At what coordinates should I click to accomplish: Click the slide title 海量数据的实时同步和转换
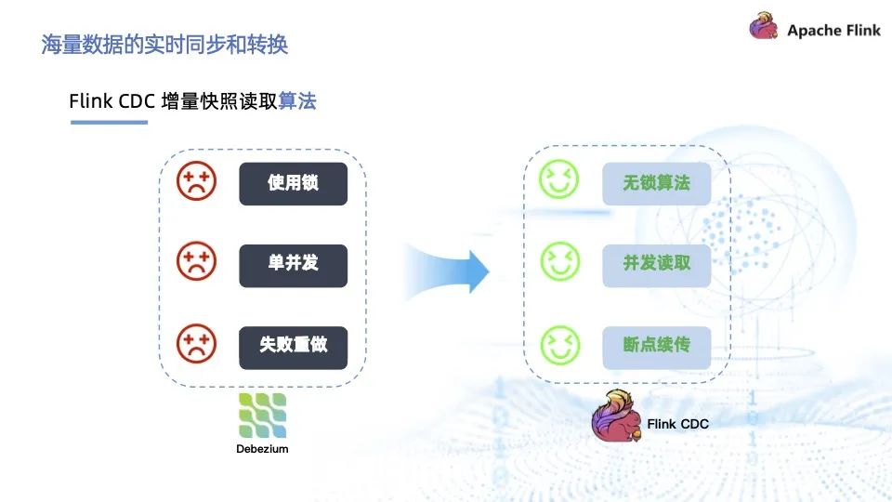click(x=164, y=45)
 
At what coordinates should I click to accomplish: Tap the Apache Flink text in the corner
click(x=833, y=30)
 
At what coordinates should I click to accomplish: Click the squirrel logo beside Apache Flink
click(x=764, y=26)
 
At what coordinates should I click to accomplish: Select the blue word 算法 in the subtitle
click(x=297, y=100)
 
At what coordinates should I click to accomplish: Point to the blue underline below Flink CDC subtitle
click(x=110, y=122)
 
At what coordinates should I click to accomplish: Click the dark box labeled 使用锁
click(x=293, y=183)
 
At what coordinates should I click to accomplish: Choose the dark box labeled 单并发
click(x=293, y=265)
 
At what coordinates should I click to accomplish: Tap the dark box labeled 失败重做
click(x=293, y=347)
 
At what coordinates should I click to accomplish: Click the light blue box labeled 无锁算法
click(x=657, y=183)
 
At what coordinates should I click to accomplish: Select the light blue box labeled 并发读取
click(x=657, y=265)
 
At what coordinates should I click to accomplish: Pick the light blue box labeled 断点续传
click(x=657, y=347)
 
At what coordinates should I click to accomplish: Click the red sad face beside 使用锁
click(x=196, y=181)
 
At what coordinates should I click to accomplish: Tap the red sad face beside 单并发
click(x=196, y=261)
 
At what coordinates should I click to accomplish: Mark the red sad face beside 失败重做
click(x=196, y=343)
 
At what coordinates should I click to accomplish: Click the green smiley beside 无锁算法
click(x=559, y=178)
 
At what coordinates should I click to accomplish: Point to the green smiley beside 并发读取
click(x=560, y=261)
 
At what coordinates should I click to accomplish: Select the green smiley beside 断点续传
click(x=560, y=345)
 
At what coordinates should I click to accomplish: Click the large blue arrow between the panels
click(x=447, y=271)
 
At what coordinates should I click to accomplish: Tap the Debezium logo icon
click(x=262, y=416)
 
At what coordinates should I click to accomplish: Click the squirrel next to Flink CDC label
click(x=617, y=416)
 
